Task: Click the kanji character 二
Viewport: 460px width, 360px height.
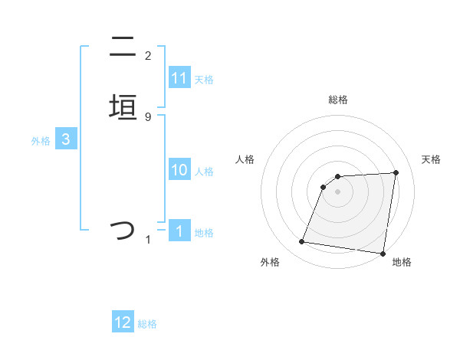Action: pos(123,47)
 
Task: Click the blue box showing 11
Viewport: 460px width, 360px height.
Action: pos(179,78)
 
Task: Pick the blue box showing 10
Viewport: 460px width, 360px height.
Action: pos(179,171)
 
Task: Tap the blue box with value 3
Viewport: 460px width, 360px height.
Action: pos(66,139)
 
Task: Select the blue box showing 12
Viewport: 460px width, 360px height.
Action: pos(123,322)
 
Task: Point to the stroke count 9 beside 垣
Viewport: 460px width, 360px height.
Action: pos(148,116)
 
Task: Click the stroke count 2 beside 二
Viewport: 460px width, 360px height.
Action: pos(148,56)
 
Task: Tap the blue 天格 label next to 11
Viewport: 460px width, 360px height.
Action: pos(204,80)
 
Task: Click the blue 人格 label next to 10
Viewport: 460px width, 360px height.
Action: pos(204,172)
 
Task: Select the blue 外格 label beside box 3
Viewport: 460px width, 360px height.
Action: pos(41,141)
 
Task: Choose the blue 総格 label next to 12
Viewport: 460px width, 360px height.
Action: pos(147,324)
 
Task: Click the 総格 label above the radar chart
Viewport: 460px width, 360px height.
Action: pos(337,100)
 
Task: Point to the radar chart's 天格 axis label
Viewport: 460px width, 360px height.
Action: pos(431,159)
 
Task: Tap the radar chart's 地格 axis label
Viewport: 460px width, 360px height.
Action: pos(402,262)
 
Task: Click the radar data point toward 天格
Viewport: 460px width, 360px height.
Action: pos(396,172)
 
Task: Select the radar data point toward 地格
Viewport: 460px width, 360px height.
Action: pos(382,253)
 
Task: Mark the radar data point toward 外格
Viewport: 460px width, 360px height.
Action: pos(302,242)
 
